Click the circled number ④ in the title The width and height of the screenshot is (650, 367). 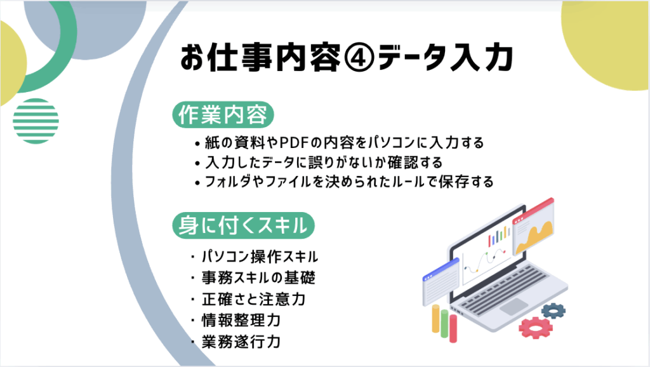coord(359,57)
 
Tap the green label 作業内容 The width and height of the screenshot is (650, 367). coord(223,115)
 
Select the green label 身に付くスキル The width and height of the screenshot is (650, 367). coord(243,225)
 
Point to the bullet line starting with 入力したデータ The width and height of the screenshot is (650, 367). coord(319,162)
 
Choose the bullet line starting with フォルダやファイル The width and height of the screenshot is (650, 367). coord(345,182)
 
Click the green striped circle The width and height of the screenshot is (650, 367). coord(36,121)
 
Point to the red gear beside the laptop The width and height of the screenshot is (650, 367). coord(536,328)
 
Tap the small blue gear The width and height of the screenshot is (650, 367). coord(554,310)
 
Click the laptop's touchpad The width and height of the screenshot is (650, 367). coord(514,307)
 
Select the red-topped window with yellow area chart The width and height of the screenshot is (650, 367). coord(533,227)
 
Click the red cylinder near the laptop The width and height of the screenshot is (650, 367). coord(453,328)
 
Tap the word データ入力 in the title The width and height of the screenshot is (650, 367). coord(446,57)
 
